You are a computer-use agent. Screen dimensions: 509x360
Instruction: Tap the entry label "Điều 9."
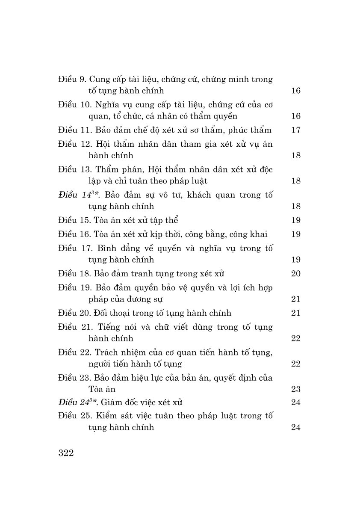[73, 79]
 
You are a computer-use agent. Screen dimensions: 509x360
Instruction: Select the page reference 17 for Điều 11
[296, 130]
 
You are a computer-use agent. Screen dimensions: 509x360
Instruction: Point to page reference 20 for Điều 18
[296, 274]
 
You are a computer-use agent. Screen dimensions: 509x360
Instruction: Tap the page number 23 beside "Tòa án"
[296, 389]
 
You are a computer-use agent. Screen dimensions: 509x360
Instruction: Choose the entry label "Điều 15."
[74, 221]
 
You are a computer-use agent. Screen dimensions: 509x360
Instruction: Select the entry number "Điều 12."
[74, 144]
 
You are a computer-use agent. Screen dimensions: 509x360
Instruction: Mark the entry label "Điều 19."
[74, 287]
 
